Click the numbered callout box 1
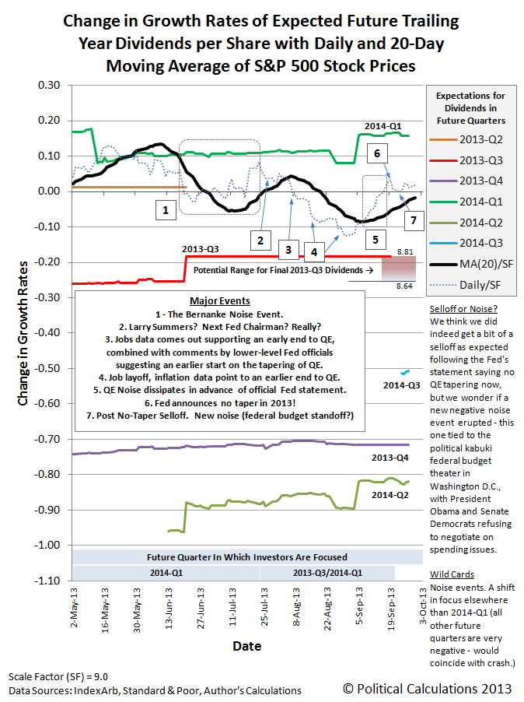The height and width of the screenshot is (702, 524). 166,210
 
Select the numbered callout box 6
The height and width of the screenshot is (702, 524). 377,153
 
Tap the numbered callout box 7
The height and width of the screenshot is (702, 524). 414,220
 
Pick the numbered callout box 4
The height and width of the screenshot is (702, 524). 314,252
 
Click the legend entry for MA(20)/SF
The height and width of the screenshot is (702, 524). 471,264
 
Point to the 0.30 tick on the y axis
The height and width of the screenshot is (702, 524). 49,85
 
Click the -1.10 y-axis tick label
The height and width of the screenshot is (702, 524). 47,581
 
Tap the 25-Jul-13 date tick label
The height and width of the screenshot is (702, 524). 264,606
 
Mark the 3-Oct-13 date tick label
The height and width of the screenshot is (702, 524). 423,605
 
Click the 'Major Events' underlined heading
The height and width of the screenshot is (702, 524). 220,301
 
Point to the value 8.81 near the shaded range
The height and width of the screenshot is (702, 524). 405,252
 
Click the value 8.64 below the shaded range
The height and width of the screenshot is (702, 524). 404,286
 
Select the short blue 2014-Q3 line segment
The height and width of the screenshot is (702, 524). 405,372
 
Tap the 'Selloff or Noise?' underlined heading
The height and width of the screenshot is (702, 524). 463,309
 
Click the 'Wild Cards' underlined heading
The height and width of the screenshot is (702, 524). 452,574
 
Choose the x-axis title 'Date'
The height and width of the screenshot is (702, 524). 246,646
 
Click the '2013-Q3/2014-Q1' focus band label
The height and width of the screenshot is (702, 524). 328,573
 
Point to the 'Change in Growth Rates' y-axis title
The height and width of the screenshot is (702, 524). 23,334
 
